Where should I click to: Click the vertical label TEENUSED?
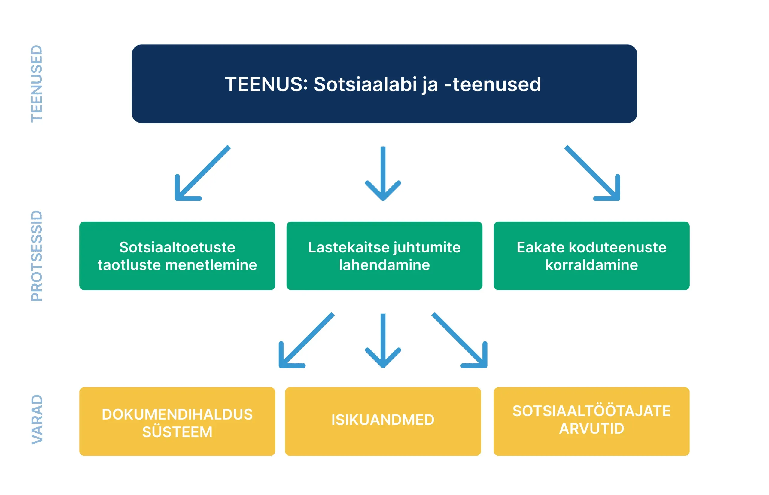pyautogui.click(x=37, y=84)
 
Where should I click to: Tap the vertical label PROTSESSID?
pyautogui.click(x=37, y=256)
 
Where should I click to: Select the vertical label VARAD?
pyautogui.click(x=37, y=420)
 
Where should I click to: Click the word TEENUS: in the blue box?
pyautogui.click(x=266, y=84)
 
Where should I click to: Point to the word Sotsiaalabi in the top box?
pyautogui.click(x=365, y=84)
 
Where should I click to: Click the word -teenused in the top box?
pyautogui.click(x=492, y=84)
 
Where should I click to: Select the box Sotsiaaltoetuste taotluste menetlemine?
pyautogui.click(x=177, y=256)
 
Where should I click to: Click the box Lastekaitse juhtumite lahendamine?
pyautogui.click(x=384, y=256)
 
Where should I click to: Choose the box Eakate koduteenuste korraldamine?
pyautogui.click(x=592, y=256)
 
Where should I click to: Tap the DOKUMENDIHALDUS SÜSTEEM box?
pyautogui.click(x=177, y=421)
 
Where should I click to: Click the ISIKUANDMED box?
pyautogui.click(x=383, y=421)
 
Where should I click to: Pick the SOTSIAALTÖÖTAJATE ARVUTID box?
pyautogui.click(x=592, y=421)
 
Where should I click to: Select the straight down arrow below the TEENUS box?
pyautogui.click(x=383, y=174)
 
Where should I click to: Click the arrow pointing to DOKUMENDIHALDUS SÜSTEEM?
pyautogui.click(x=306, y=341)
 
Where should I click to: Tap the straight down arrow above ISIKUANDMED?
pyautogui.click(x=383, y=341)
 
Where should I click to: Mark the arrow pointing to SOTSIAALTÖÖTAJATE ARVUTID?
pyautogui.click(x=460, y=341)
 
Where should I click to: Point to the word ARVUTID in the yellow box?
pyautogui.click(x=592, y=429)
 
